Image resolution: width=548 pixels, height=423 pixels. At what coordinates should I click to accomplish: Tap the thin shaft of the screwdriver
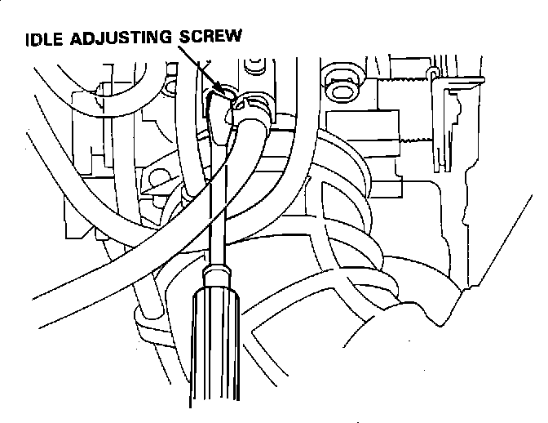pyautogui.click(x=217, y=204)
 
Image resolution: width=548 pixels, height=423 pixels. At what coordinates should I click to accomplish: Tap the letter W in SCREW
pyautogui.click(x=233, y=38)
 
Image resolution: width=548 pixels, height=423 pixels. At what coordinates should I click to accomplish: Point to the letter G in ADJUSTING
pyautogui.click(x=169, y=38)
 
